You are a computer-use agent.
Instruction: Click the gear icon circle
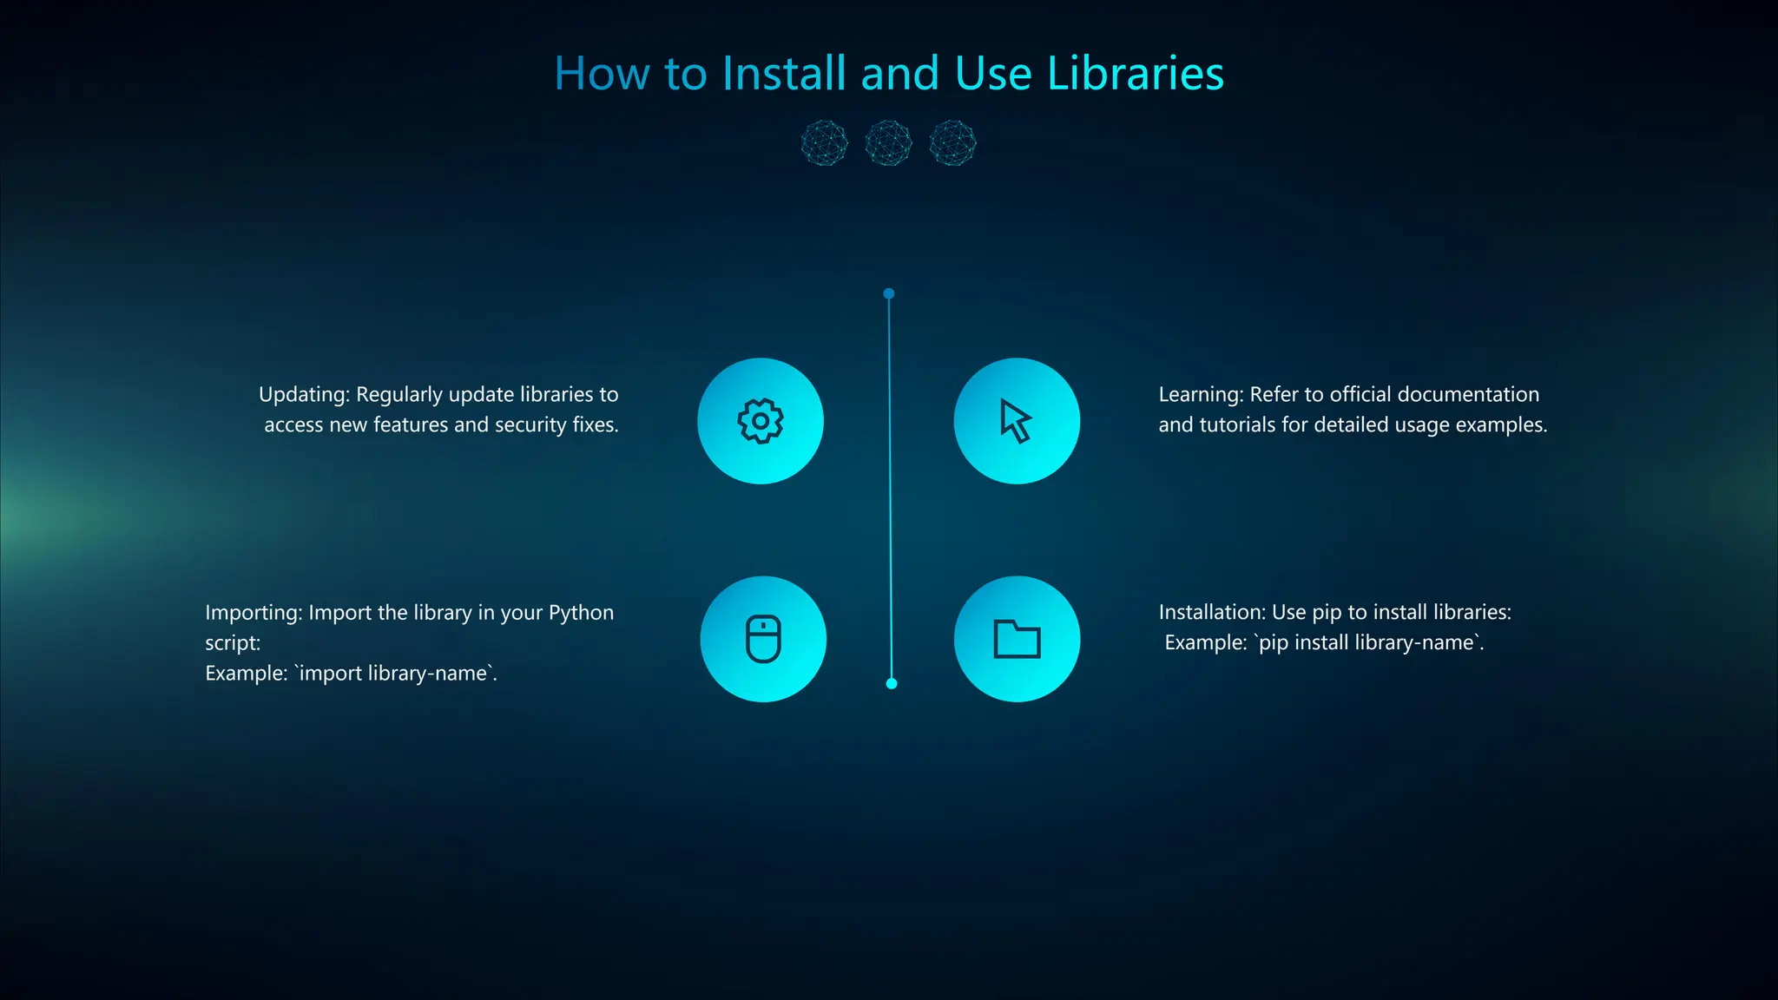click(761, 421)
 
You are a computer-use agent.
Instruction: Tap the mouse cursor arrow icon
click(1015, 421)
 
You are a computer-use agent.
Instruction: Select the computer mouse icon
click(763, 639)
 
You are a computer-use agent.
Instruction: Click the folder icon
click(1017, 640)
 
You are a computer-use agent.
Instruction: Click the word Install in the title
click(783, 74)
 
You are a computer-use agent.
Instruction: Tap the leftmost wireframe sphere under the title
click(824, 143)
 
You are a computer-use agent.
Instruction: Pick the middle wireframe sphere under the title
click(888, 143)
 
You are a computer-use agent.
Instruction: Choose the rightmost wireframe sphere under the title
click(952, 143)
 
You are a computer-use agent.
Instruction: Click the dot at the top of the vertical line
click(888, 293)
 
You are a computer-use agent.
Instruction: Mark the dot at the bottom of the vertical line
click(891, 684)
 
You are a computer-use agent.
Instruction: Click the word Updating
click(303, 395)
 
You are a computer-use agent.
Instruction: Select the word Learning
click(1201, 395)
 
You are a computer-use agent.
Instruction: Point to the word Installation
click(1212, 612)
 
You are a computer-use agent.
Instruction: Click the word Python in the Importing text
click(581, 613)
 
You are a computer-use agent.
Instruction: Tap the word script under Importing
click(232, 643)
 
